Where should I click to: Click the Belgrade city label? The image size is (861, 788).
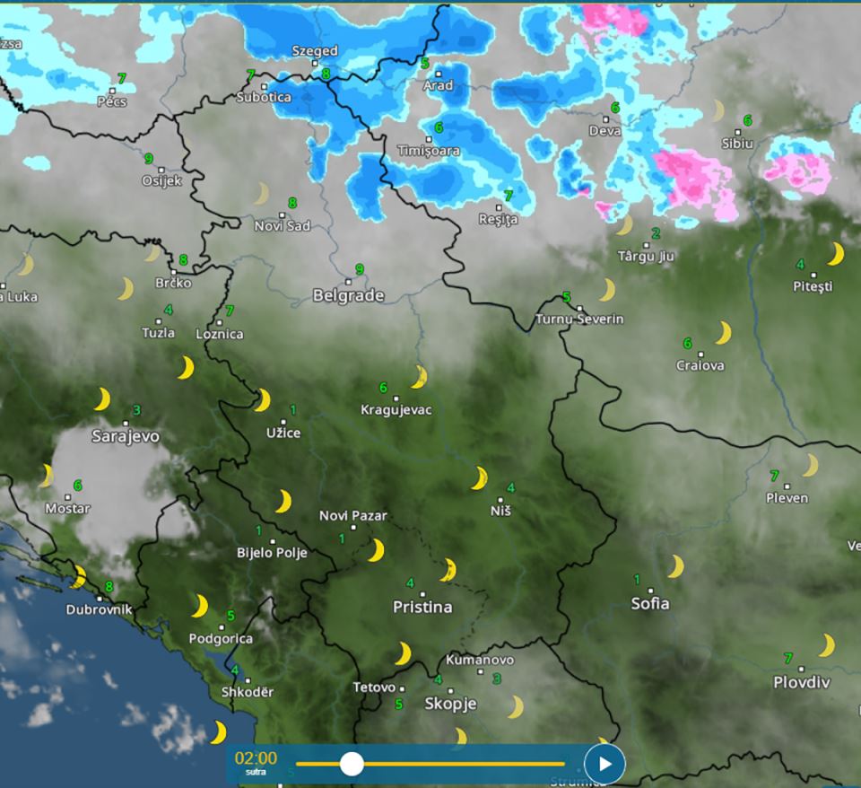(x=348, y=295)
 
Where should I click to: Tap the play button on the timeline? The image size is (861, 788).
(x=604, y=764)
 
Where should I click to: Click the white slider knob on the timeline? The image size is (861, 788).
(x=352, y=764)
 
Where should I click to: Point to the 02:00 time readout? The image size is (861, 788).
(x=256, y=758)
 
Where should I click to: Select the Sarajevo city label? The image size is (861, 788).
(x=126, y=436)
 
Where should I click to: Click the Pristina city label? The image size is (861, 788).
(x=422, y=608)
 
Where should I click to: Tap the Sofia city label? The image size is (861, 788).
(x=650, y=603)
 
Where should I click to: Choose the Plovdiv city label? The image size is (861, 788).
(x=802, y=682)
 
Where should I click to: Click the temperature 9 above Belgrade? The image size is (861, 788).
(x=360, y=268)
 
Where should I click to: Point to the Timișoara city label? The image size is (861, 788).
(x=428, y=151)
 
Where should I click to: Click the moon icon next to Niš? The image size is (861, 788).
(x=480, y=478)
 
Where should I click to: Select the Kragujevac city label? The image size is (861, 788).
(x=396, y=410)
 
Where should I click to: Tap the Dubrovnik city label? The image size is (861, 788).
(x=99, y=609)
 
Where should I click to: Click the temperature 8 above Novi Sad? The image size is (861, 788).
(x=292, y=204)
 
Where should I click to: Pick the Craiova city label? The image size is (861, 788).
(x=700, y=365)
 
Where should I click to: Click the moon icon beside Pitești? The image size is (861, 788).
(x=835, y=254)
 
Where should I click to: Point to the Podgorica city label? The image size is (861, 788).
(x=222, y=639)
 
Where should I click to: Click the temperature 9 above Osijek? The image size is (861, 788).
(x=149, y=159)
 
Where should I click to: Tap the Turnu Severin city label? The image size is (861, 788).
(x=579, y=319)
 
